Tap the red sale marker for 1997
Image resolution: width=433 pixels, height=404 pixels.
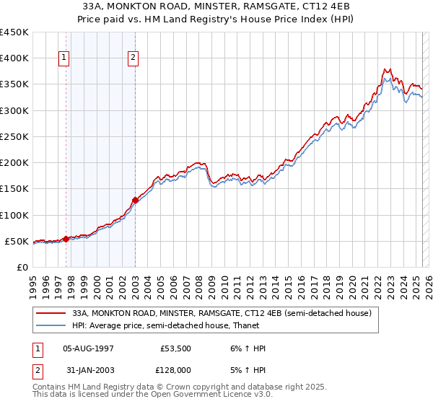66,238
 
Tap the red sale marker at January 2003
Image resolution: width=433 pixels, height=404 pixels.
135,200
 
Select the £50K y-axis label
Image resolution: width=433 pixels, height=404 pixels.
17,241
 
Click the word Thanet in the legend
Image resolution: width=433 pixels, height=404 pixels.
237,325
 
